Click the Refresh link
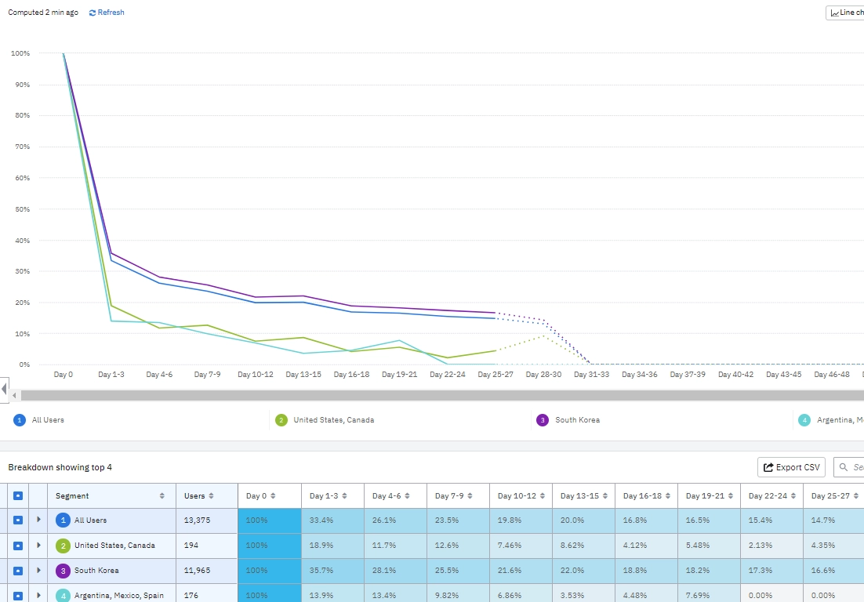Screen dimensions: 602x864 [107, 13]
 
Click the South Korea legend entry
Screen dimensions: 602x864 [577, 420]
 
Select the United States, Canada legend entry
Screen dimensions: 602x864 [333, 420]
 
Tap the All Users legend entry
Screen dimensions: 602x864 [48, 420]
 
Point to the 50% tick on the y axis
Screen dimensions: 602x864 [20, 209]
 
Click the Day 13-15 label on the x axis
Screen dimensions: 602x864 [303, 375]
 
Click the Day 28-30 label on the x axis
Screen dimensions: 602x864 [543, 375]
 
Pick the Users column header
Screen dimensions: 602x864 [194, 495]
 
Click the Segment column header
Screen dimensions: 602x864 [72, 495]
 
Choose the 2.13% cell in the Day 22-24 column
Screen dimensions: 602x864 [760, 546]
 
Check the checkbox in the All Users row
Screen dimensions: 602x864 [18, 520]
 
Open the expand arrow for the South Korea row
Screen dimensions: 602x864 [38, 571]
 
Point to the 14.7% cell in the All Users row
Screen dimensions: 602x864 [822, 520]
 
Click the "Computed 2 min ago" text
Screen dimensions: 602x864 [43, 13]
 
